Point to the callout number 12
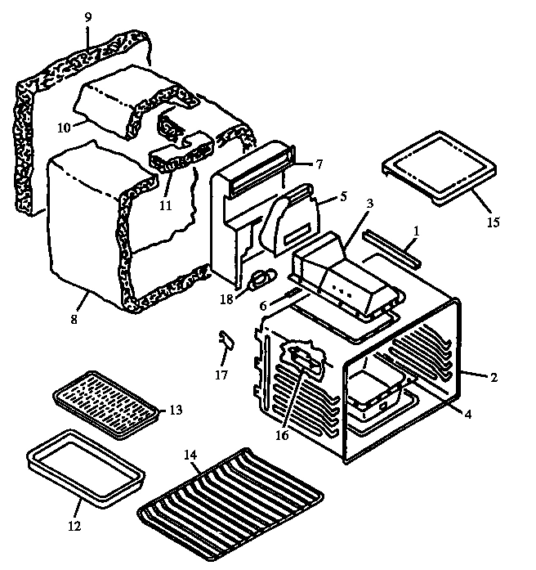click(74, 527)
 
